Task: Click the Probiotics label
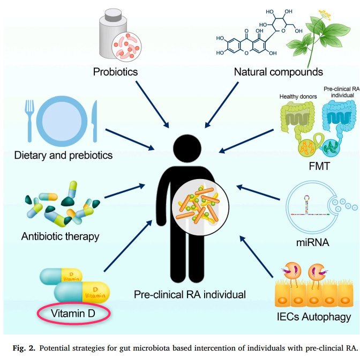[115, 71]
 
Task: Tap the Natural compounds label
[278, 71]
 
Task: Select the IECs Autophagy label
[312, 317]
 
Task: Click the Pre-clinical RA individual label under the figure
[190, 294]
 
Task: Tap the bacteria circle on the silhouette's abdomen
[196, 208]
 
